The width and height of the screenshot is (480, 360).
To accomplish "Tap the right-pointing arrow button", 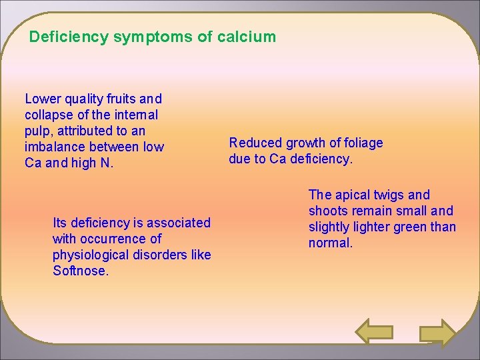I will pyautogui.click(x=437, y=333).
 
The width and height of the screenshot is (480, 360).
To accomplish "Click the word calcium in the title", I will pyautogui.click(x=246, y=37).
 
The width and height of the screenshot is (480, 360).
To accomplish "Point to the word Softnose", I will pyautogui.click(x=80, y=271).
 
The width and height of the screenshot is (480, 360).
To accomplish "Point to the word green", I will pyautogui.click(x=412, y=227).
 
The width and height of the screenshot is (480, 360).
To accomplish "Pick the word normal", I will pyautogui.click(x=330, y=243).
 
